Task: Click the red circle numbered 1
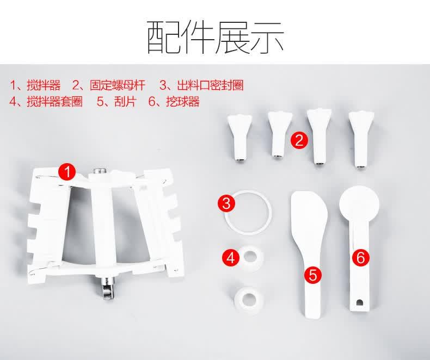67,172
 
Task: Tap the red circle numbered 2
299,140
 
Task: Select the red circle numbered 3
226,203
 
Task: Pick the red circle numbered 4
231,258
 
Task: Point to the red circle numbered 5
313,275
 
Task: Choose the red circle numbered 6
361,258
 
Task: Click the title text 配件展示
216,38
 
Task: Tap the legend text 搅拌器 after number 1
44,85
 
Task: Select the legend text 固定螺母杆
118,85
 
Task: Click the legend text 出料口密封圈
210,85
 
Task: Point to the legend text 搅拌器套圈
55,101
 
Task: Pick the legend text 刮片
125,101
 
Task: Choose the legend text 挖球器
183,101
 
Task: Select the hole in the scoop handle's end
359,302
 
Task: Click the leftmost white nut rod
239,138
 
